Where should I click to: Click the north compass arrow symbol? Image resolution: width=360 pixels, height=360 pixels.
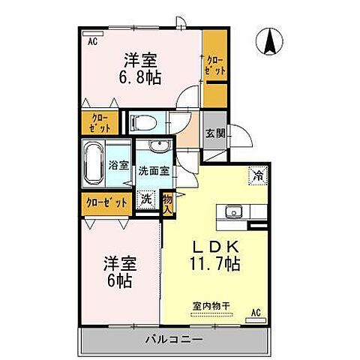(x=268, y=40)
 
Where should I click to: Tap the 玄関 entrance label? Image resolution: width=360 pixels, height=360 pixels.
(x=214, y=134)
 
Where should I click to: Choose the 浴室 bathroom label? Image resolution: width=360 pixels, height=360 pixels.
(x=118, y=164)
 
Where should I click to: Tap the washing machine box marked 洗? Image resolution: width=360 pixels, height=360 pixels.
(x=145, y=200)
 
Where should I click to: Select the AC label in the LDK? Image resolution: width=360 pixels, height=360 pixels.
(x=255, y=311)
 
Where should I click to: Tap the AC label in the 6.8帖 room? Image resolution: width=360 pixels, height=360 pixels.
(x=92, y=42)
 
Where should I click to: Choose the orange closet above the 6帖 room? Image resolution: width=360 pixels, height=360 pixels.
(x=105, y=202)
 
